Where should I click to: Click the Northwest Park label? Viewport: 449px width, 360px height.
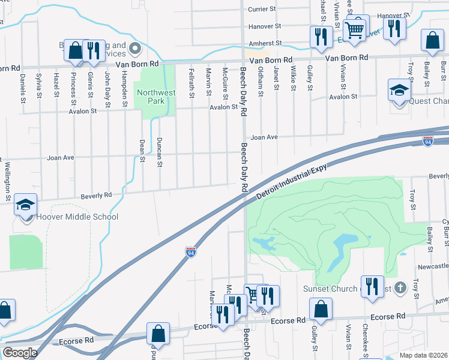155,97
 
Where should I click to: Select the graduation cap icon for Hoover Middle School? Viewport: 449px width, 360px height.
26,205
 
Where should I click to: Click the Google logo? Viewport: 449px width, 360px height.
20,353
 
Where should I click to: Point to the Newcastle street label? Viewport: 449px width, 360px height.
433,265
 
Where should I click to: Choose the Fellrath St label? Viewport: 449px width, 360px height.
191,83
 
